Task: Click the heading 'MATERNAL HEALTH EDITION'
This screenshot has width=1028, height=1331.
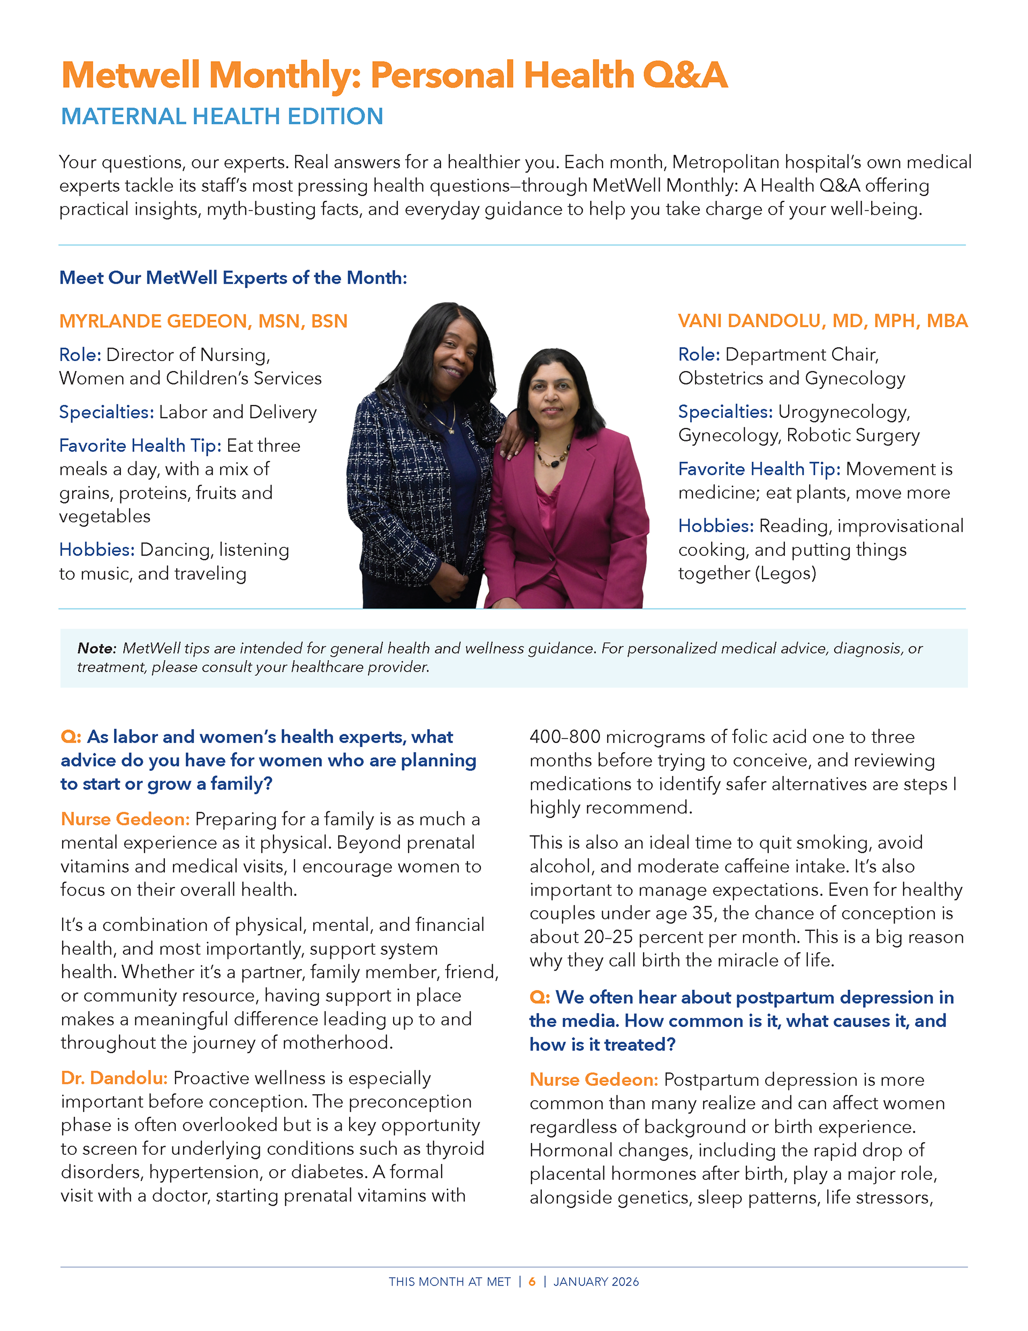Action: coord(222,116)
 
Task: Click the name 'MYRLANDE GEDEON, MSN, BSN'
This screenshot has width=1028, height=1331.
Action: coord(203,321)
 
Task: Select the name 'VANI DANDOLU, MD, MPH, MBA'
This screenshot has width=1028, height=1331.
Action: coord(822,321)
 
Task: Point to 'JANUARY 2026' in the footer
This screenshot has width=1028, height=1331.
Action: coord(596,1282)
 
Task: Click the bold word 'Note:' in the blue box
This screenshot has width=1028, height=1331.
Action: coord(96,649)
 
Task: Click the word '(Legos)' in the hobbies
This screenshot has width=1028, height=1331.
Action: coord(785,574)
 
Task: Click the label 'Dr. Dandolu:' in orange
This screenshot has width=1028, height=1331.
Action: coord(114,1078)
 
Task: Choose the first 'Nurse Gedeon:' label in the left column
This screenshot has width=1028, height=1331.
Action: coord(125,819)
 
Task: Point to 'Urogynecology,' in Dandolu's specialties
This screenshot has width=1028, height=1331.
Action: coord(844,412)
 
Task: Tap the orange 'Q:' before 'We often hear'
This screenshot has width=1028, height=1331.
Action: coord(539,998)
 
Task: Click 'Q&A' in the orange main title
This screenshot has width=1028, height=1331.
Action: coord(685,76)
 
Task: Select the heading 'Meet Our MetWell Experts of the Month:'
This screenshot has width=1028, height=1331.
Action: coord(233,278)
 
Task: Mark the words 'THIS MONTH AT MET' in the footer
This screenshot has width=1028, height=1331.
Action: coord(450,1282)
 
